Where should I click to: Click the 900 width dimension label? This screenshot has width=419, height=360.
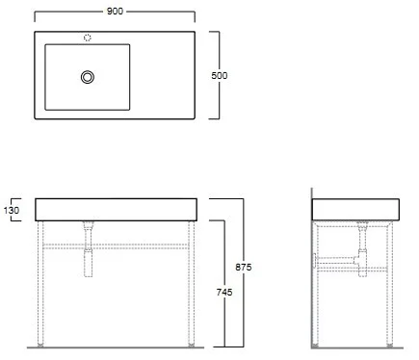click(x=115, y=12)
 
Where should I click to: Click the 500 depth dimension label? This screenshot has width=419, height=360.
click(x=220, y=76)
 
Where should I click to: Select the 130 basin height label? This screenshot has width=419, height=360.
click(x=12, y=211)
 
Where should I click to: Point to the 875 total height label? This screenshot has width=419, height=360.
click(x=244, y=267)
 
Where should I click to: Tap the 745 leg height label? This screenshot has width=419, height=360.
click(x=224, y=292)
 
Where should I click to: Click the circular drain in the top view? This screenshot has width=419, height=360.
click(x=88, y=77)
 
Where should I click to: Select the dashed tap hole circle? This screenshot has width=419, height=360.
click(x=88, y=38)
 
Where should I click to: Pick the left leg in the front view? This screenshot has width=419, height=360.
click(x=40, y=282)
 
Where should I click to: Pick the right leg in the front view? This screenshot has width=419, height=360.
click(x=192, y=282)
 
